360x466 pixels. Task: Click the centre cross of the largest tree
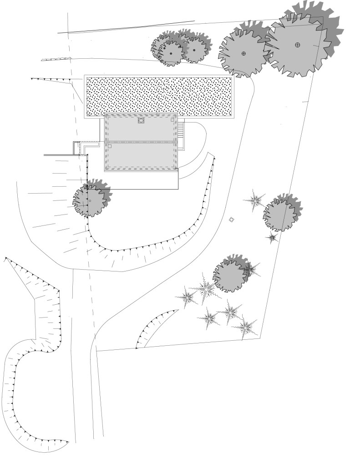click(x=298, y=45)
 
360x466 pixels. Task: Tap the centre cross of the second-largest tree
click(x=243, y=53)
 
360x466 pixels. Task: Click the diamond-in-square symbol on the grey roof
click(x=141, y=121)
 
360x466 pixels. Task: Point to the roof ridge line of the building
click(x=141, y=143)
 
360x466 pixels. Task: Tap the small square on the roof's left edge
click(x=110, y=147)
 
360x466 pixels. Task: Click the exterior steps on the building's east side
click(x=181, y=135)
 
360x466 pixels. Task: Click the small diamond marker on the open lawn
click(x=232, y=220)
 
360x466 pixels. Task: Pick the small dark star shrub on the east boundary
click(x=272, y=237)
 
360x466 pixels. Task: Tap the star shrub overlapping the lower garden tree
click(x=250, y=270)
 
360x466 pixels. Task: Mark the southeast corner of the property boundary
click(x=259, y=338)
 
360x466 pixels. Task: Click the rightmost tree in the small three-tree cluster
click(x=195, y=50)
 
